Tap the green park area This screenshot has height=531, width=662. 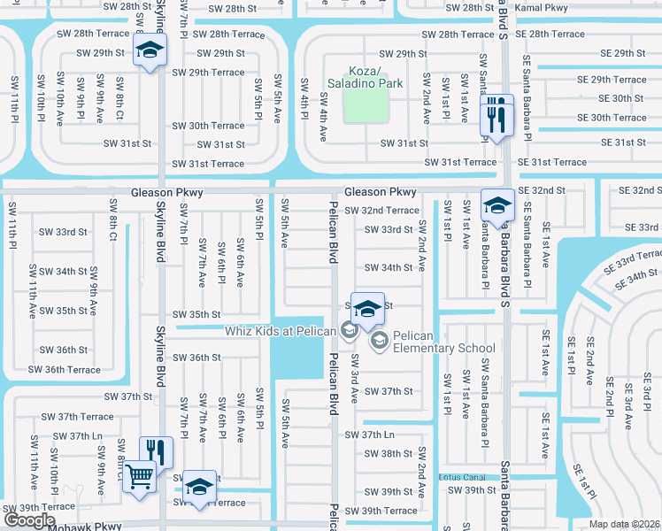[365, 107]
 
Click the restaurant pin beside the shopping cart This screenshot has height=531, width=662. [157, 453]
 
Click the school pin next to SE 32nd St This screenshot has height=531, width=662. [497, 207]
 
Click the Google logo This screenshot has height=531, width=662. [28, 520]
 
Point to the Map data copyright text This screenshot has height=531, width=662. [625, 524]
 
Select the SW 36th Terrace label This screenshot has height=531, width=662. [65, 369]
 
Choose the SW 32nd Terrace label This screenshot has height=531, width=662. [381, 211]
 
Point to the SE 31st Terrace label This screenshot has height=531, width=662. [551, 162]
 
